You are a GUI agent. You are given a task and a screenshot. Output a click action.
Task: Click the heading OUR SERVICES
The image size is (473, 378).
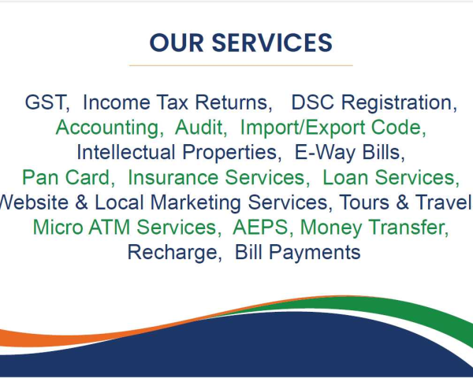coord(240,43)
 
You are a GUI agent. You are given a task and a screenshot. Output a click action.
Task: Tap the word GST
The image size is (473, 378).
coord(45,102)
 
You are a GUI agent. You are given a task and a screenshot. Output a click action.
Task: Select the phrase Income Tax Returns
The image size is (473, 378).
coord(175,102)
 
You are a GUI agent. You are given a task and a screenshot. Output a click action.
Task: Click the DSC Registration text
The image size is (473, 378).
coord(372,102)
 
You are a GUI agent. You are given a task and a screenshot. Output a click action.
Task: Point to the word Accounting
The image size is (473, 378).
coord(107,128)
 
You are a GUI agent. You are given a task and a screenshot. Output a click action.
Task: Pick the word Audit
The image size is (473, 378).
coord(199,128)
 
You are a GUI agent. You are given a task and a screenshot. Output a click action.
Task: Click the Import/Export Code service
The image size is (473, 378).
coord(330,128)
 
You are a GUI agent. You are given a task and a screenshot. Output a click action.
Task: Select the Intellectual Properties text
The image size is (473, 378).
coord(177,152)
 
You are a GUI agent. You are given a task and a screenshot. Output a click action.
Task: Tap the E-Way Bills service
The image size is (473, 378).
coord(347,152)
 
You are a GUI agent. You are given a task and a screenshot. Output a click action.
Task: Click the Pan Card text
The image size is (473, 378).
coord(66,177)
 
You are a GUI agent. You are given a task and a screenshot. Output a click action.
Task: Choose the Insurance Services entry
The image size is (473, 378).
coord(216,177)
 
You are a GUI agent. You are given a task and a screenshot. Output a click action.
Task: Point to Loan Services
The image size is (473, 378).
coord(389,177)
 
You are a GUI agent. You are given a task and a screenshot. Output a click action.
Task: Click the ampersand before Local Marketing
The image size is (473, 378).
coord(81,202)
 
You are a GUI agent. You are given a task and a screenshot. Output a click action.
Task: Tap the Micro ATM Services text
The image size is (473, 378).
coord(125,227)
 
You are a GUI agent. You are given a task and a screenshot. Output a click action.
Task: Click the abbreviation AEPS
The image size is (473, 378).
coord(260,227)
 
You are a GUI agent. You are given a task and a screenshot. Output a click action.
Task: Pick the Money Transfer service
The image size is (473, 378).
coord(372,228)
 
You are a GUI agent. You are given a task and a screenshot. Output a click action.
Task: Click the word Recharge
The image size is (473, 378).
coord(172,252)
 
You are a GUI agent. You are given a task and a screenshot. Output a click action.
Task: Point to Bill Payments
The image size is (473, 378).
coord(298,252)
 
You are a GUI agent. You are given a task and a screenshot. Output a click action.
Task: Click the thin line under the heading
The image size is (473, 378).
coord(241,65)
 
